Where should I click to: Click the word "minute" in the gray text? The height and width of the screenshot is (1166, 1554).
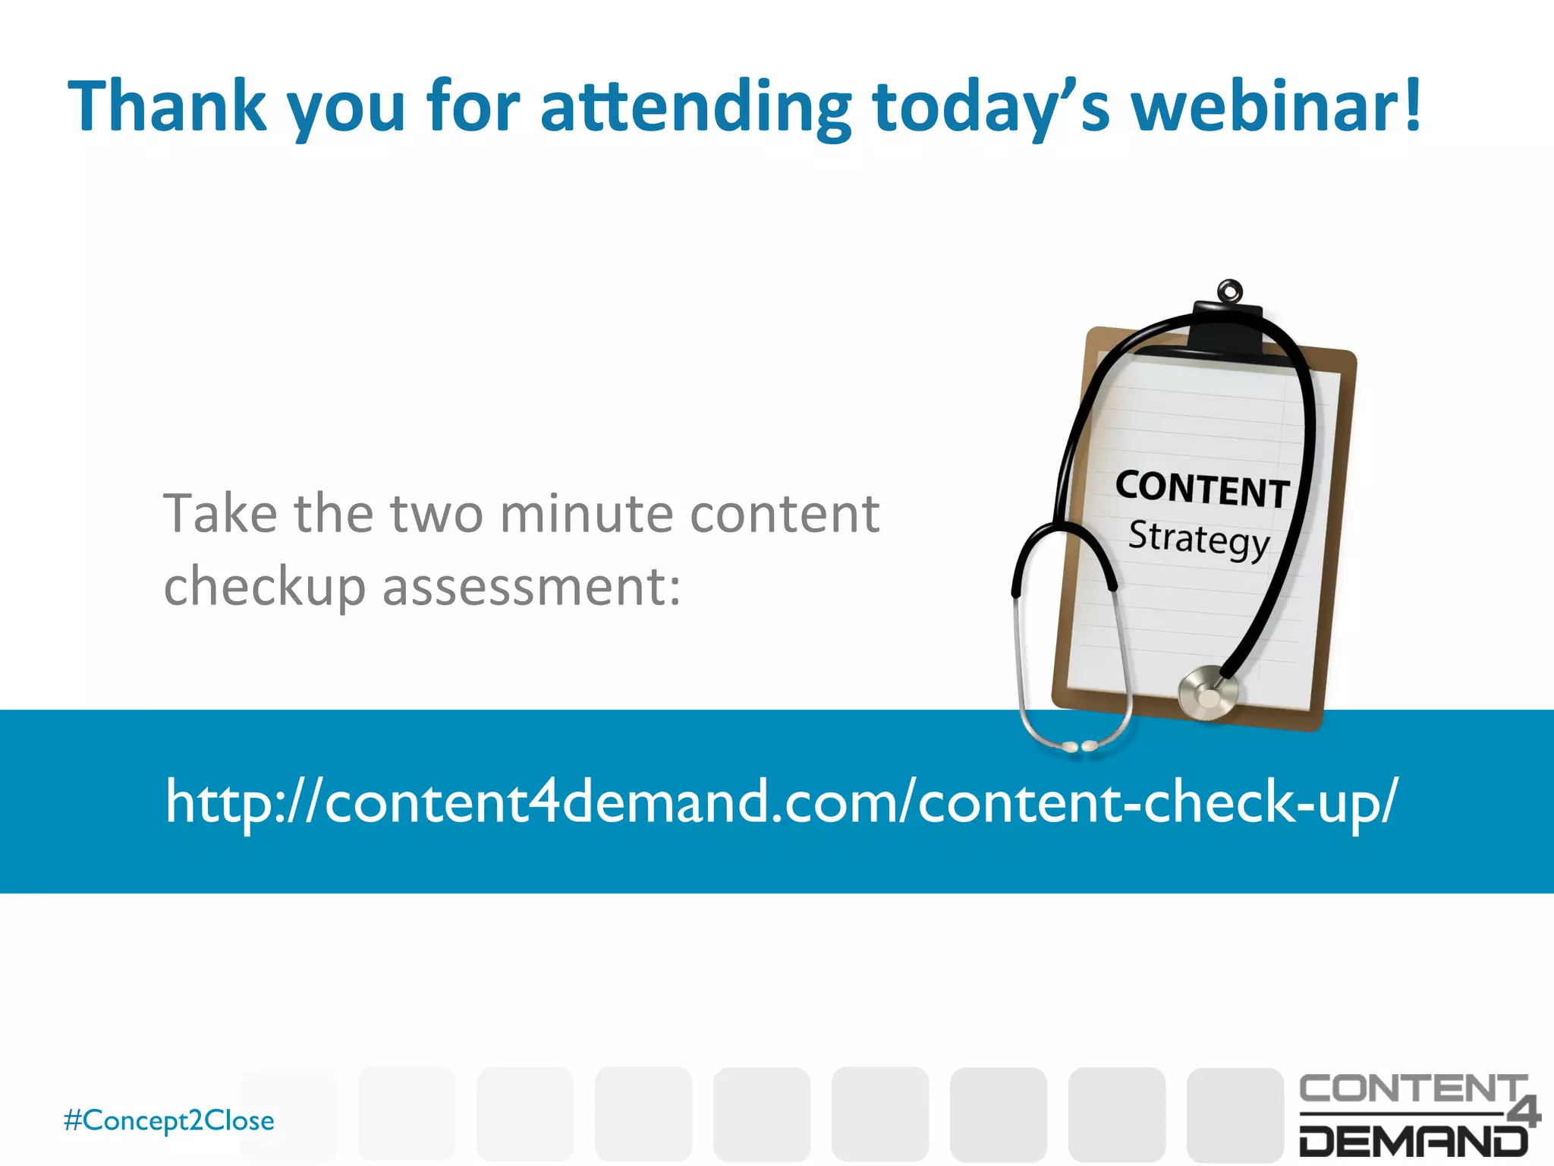pos(587,514)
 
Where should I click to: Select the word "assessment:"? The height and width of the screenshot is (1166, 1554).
pos(531,588)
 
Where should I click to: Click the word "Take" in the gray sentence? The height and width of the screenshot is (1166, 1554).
pos(220,514)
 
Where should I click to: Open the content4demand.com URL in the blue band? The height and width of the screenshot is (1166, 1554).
pos(781,802)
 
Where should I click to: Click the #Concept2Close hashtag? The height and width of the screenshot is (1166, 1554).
pos(169,1120)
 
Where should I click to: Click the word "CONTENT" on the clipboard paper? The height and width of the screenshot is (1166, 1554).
pos(1202,489)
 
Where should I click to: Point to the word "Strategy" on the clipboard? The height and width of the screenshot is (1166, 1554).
pos(1199,540)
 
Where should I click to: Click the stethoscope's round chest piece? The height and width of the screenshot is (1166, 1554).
pos(1206,693)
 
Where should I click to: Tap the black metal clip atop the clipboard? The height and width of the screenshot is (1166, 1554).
pos(1227,329)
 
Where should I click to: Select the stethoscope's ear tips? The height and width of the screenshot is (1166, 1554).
pos(1078,747)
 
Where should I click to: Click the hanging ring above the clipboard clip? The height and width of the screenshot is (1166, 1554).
pos(1229,290)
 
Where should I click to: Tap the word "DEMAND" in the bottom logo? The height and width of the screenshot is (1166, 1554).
pos(1413,1140)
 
